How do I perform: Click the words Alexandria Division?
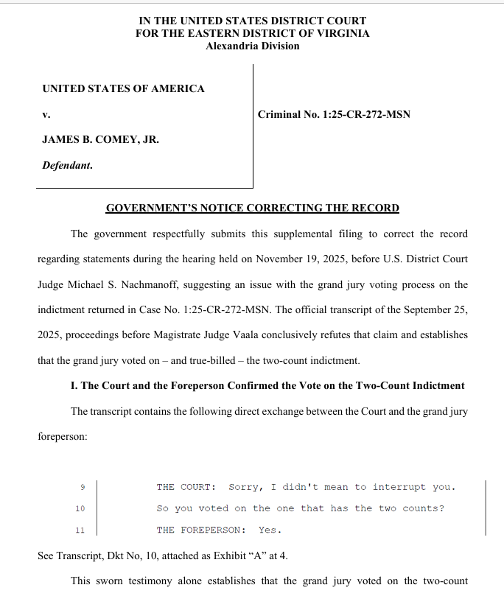coord(253,46)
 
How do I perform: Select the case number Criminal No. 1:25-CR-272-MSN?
coord(334,114)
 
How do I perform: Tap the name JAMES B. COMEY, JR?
coord(100,139)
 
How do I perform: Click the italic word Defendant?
coord(67,165)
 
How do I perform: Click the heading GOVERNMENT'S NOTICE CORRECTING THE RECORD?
coord(253,208)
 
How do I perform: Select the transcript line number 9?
coord(83,487)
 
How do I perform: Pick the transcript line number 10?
coord(80,508)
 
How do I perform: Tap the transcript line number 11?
coord(80,530)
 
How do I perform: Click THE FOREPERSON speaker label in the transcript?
coord(201,530)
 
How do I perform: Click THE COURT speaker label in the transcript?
coord(186,487)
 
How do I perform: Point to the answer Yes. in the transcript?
coord(270,530)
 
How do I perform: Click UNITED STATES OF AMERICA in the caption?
coord(123,88)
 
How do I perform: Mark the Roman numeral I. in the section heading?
coord(74,386)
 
